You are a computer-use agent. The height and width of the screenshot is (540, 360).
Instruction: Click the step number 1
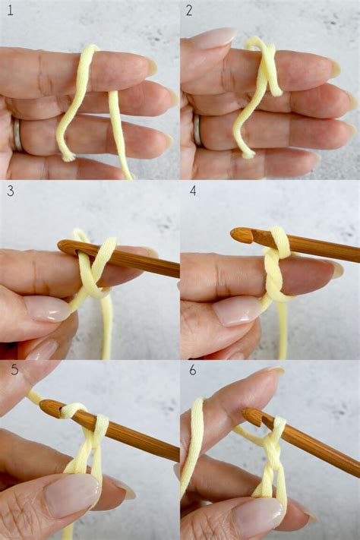tap(10, 11)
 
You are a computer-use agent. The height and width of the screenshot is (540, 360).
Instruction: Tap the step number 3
tap(10, 191)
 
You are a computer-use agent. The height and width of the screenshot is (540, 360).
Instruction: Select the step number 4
tap(192, 191)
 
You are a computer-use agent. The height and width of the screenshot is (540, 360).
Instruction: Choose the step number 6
tap(192, 371)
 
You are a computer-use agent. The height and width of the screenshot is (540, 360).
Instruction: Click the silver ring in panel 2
tap(197, 130)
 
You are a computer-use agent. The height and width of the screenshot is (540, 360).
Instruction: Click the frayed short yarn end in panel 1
tap(68, 156)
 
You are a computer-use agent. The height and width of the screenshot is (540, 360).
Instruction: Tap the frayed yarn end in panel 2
tap(247, 154)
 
